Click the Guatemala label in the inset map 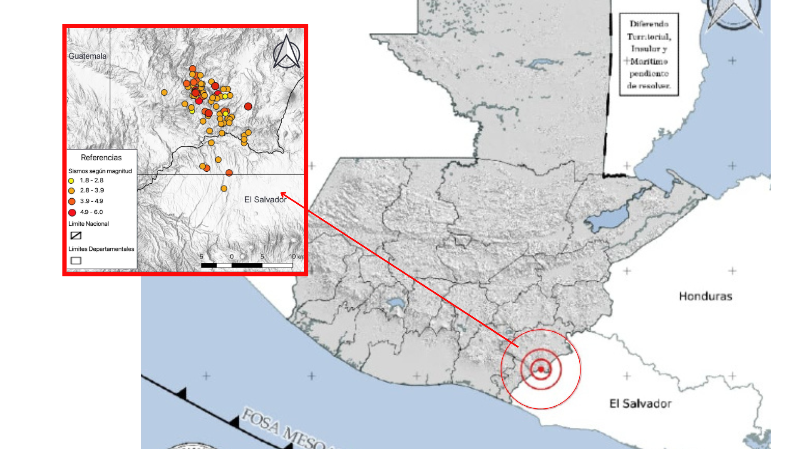pyautogui.click(x=87, y=56)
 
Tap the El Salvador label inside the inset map pyautogui.click(x=265, y=200)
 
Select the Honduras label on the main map pyautogui.click(x=705, y=296)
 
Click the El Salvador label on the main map pyautogui.click(x=640, y=403)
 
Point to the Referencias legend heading pyautogui.click(x=101, y=158)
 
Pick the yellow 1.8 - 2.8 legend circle pyautogui.click(x=71, y=181)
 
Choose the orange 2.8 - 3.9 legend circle pyautogui.click(x=72, y=191)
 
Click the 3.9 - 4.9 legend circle pyautogui.click(x=72, y=202)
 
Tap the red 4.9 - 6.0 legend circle pyautogui.click(x=72, y=212)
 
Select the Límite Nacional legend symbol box pyautogui.click(x=76, y=236)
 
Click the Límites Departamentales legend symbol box pyautogui.click(x=76, y=261)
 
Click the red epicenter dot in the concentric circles pyautogui.click(x=541, y=369)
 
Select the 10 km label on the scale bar pyautogui.click(x=296, y=257)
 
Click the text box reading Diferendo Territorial pyautogui.click(x=649, y=54)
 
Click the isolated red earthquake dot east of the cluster pyautogui.click(x=248, y=106)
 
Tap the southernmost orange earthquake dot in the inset pyautogui.click(x=224, y=189)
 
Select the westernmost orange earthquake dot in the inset pyautogui.click(x=164, y=92)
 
